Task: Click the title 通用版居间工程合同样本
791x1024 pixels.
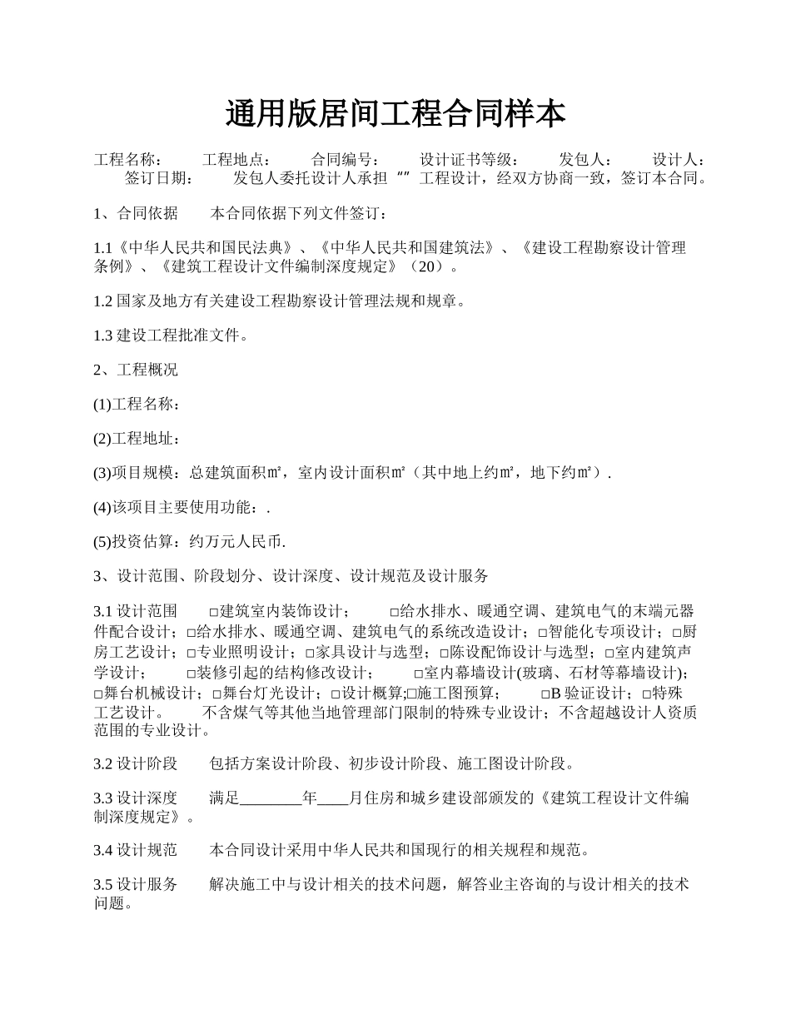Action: pos(395,113)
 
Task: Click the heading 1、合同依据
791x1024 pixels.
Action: pos(136,213)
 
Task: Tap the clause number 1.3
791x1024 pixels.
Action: pos(103,336)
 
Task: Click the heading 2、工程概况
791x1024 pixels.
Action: pos(136,370)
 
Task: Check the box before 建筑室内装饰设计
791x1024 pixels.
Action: pos(214,612)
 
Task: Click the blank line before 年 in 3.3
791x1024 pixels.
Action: pos(271,798)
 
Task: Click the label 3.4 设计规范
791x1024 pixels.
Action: pos(136,850)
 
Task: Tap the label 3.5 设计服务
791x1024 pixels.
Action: pos(136,884)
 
